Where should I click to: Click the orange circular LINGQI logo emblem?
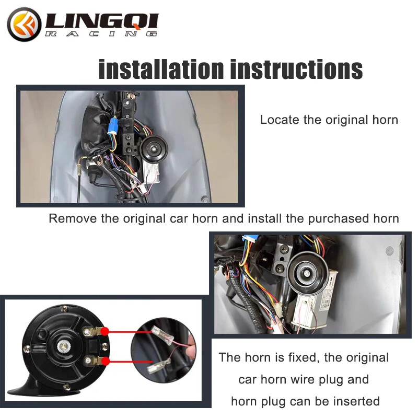pos(24,24)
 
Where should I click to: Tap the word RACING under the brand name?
pos(102,34)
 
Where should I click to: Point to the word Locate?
pos(277,120)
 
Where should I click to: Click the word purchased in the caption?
pos(321,218)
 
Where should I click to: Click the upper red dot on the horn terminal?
pos(105,331)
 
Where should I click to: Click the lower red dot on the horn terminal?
pos(105,361)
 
